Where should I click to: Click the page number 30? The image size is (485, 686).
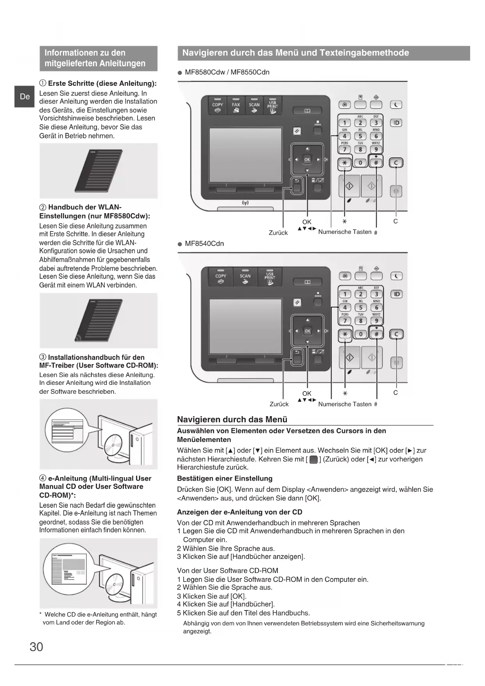pos(36,646)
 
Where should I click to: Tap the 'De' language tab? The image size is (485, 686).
pos(25,97)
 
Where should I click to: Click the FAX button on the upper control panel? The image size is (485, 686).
pos(236,106)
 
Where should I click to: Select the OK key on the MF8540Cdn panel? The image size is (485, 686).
pos(307,331)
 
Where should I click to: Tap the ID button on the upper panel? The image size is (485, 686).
pos(396,123)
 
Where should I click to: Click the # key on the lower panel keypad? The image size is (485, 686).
pos(376,334)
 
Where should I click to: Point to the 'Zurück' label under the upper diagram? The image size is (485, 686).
pos(278,233)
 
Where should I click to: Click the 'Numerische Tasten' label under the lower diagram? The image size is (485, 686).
pos(345,404)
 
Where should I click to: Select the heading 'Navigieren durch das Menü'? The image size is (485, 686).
pos(232,419)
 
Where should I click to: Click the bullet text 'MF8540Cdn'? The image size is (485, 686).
pos(204,244)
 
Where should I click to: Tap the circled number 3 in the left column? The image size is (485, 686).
pos(43,357)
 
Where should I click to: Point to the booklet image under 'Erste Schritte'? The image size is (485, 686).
pos(98,171)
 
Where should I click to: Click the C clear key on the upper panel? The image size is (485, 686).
pos(396,163)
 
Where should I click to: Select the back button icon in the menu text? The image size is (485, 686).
pos(313,460)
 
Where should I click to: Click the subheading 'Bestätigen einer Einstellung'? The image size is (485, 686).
pos(225,478)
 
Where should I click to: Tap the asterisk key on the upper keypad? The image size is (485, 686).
pos(345,163)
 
